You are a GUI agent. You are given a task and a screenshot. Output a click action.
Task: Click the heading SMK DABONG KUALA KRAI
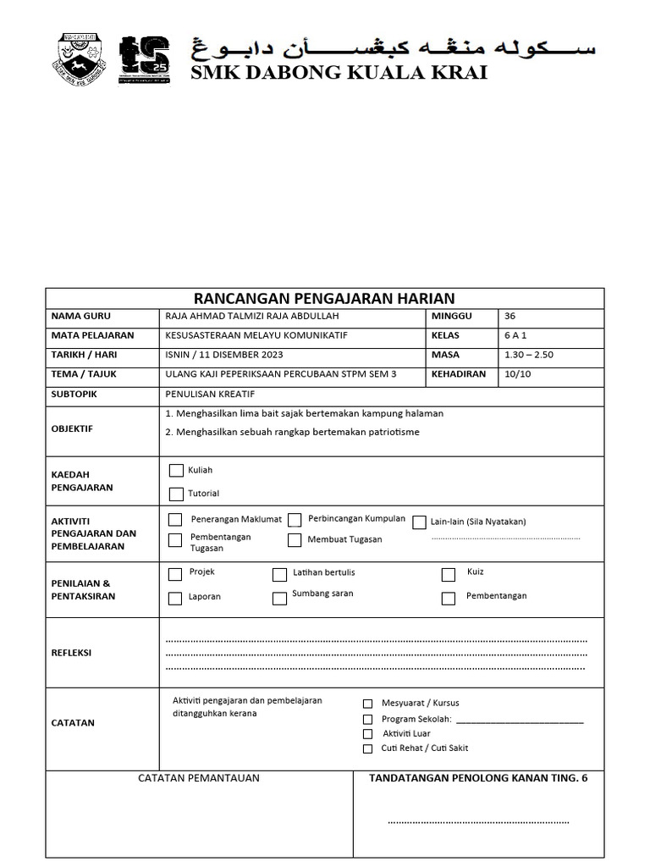click(339, 73)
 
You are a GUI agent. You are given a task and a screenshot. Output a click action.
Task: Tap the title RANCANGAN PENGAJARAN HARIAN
click(324, 298)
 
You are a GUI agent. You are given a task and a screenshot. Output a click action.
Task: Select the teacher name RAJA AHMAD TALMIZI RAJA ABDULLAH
click(253, 316)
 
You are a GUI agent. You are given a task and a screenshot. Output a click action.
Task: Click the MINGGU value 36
click(510, 316)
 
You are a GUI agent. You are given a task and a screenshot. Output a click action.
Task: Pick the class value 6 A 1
click(515, 335)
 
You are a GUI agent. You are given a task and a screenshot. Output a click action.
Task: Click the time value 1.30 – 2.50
click(528, 355)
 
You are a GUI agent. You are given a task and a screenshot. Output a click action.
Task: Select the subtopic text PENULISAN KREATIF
click(210, 395)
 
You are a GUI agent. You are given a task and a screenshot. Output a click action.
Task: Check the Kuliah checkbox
click(176, 471)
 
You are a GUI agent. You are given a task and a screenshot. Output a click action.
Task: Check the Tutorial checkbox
click(176, 494)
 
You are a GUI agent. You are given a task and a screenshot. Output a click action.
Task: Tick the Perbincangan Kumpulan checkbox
click(295, 520)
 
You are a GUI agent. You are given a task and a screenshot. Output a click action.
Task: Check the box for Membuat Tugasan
click(295, 540)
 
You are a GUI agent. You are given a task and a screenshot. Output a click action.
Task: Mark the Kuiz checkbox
click(449, 575)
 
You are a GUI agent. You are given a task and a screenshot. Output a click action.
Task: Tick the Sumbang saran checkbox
click(279, 598)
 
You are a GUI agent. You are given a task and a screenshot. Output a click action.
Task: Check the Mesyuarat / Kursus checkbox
click(367, 704)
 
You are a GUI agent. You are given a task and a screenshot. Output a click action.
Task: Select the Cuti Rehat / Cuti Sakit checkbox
click(367, 748)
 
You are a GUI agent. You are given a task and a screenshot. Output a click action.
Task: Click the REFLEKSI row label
click(71, 653)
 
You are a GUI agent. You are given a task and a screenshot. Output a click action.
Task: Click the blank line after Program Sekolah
click(519, 721)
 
